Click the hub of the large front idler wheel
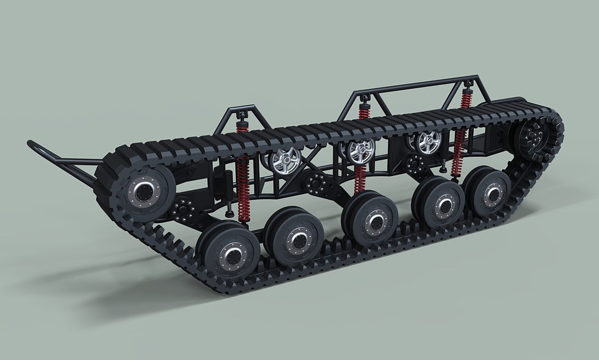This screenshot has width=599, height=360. click(x=142, y=191)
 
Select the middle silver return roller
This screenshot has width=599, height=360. click(x=361, y=150)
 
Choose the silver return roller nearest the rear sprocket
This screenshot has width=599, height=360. click(x=428, y=142)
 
